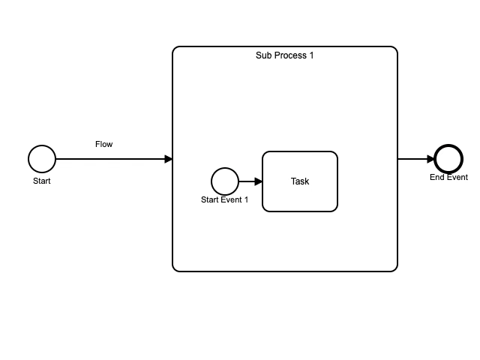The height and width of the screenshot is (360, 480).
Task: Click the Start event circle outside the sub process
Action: pos(42,159)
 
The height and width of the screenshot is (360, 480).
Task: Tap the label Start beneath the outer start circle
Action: pos(42,181)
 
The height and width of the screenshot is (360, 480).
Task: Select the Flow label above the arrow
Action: pos(104,144)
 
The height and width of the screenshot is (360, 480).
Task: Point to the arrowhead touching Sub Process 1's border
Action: pos(169,159)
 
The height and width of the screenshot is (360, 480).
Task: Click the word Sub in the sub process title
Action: pos(263,55)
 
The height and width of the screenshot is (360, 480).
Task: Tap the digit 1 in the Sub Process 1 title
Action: pos(311,55)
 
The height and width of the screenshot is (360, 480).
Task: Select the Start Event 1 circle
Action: pos(225,181)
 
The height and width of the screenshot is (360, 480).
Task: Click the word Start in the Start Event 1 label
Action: pos(211,199)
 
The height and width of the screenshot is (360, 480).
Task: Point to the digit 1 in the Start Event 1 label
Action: pos(246,199)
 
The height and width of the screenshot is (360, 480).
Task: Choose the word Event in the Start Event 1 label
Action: pos(232,199)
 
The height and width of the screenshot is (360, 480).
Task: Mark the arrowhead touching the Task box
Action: pos(259,181)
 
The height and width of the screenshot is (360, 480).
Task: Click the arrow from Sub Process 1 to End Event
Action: pos(412,159)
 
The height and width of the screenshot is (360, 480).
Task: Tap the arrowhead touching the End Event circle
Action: pos(430,159)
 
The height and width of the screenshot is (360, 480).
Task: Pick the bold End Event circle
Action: pos(448,159)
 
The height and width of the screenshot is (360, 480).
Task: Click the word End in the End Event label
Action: pos(437,178)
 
